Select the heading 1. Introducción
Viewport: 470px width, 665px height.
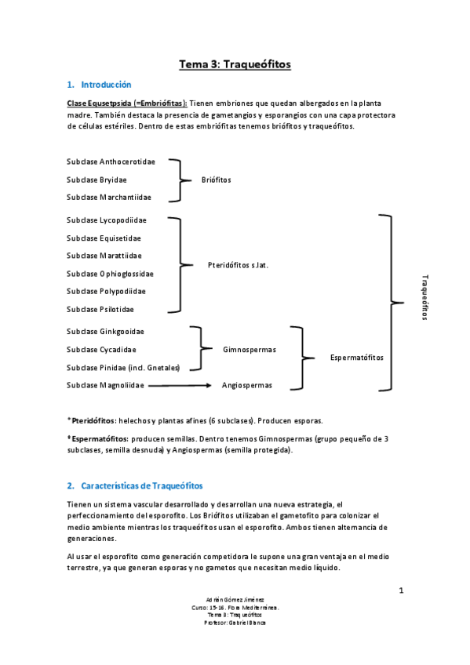point(99,85)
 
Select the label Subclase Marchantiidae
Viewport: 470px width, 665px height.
point(109,198)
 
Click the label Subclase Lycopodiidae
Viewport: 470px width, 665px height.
point(107,220)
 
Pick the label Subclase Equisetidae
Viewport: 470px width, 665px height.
point(104,238)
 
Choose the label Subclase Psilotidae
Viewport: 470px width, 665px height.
point(100,309)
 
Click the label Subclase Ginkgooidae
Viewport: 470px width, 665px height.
point(105,332)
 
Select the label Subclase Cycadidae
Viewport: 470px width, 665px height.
point(101,350)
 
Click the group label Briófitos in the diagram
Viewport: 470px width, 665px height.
point(217,180)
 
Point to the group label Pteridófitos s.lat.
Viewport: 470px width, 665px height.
point(238,265)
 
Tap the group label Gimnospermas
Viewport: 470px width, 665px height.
point(249,350)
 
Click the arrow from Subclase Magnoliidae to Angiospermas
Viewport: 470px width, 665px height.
point(180,386)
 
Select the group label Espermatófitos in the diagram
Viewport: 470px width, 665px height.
point(357,358)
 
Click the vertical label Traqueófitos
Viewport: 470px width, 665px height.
point(424,296)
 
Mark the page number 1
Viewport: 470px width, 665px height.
point(400,591)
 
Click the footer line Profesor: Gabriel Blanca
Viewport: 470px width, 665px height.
point(235,623)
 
